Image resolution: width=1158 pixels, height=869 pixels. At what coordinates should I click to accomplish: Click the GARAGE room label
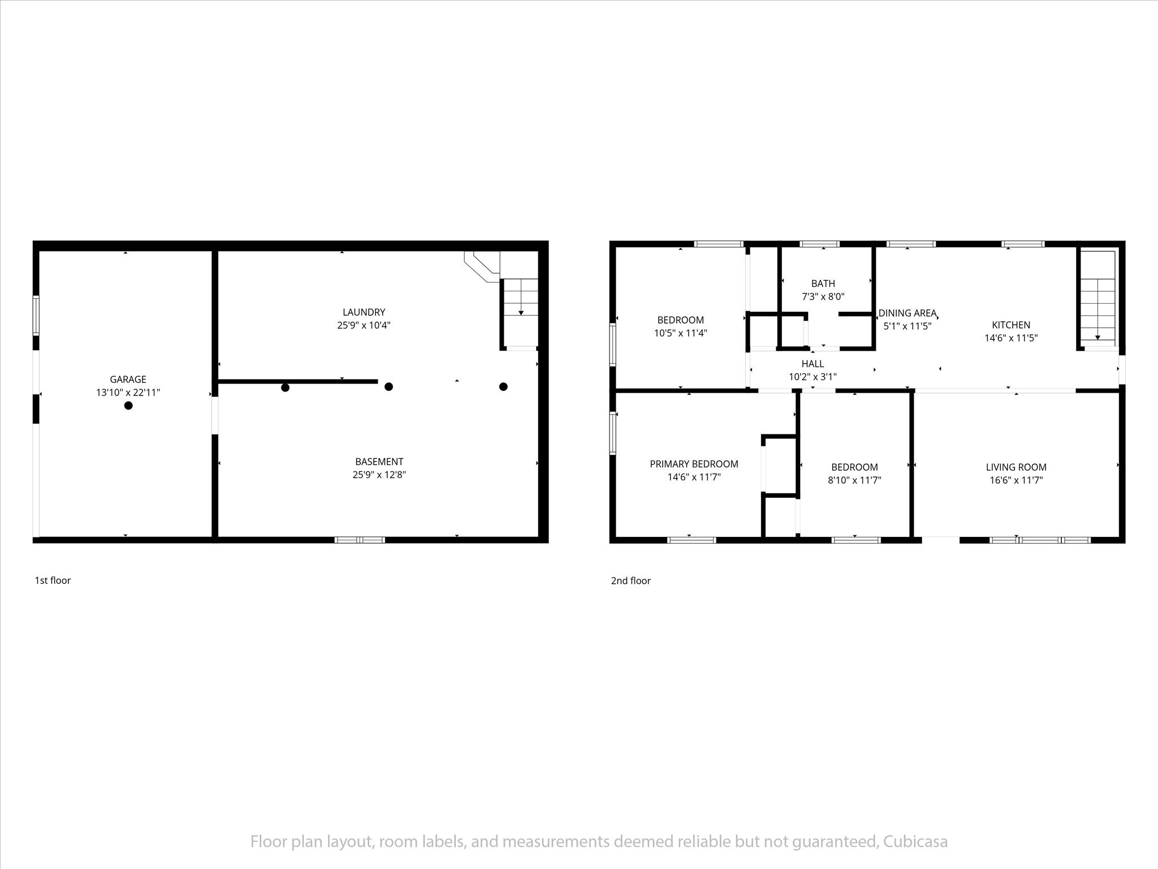coord(128,379)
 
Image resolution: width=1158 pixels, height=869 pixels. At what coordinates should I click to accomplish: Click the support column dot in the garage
coord(128,405)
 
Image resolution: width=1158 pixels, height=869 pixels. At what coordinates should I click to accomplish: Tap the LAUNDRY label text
coord(364,312)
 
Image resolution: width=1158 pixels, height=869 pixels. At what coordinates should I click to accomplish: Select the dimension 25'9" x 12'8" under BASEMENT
coord(379,475)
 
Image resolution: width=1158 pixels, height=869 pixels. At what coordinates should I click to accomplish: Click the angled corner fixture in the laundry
coord(482,266)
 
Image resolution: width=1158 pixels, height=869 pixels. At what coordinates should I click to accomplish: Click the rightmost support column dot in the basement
coord(503,386)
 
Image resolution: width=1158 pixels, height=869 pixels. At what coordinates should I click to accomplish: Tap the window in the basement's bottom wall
coord(360,540)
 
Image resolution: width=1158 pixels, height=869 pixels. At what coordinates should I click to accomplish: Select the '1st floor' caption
coord(53,580)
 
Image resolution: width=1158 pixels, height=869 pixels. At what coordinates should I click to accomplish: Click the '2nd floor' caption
coord(630,580)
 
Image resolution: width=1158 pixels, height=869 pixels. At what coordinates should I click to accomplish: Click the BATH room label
coord(823,283)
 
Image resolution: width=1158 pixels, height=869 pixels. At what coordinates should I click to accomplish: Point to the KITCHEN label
coord(1011,325)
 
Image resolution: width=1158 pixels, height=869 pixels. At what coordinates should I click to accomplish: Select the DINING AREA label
coord(907,313)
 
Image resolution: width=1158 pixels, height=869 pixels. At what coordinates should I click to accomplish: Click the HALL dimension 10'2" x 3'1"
coord(813,376)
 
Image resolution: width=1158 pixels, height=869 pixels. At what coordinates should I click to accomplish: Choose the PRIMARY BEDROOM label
coord(694,464)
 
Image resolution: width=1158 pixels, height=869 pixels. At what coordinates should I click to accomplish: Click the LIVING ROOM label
coord(1016,467)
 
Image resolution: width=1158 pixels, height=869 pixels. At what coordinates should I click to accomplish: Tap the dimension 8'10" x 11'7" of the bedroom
coord(854,480)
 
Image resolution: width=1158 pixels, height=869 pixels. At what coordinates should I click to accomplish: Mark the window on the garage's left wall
coord(36,315)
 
